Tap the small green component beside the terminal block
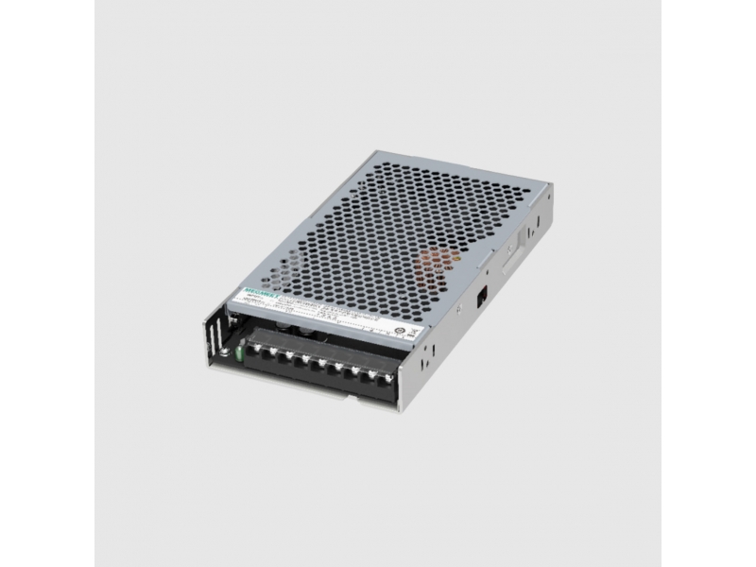[240, 353]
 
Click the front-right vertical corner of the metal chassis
[404, 387]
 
